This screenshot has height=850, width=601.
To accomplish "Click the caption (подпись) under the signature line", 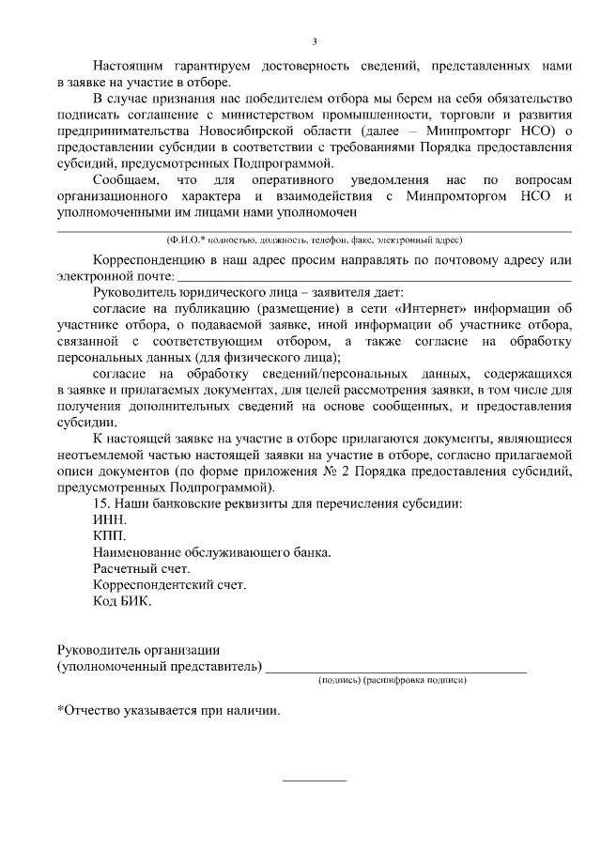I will (x=339, y=679).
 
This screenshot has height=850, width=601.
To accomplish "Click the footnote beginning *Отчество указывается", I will (x=168, y=711).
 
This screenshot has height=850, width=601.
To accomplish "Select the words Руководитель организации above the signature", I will (x=138, y=650).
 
